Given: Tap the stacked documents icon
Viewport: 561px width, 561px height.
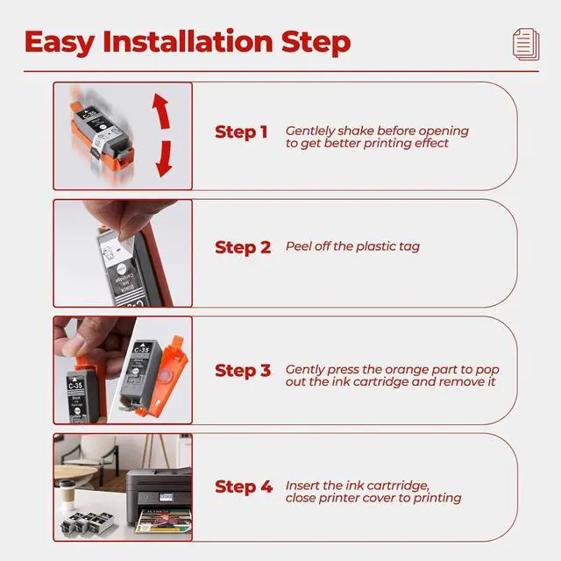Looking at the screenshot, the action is (x=526, y=45).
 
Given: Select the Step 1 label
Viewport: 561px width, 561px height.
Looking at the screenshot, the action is (x=241, y=132).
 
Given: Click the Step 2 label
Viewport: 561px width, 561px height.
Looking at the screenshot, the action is (x=243, y=247).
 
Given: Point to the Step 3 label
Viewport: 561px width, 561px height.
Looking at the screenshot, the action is (x=243, y=371).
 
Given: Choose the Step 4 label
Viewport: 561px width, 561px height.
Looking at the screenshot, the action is (x=244, y=487).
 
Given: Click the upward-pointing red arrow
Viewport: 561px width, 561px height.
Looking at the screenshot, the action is (x=161, y=110).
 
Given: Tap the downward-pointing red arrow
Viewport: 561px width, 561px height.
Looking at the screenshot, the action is (x=164, y=159).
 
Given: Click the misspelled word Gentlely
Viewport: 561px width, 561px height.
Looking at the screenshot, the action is (x=309, y=131).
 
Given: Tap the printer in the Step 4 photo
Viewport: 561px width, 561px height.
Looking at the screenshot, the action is (x=159, y=498).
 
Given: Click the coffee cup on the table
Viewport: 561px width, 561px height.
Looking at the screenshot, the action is (x=67, y=491).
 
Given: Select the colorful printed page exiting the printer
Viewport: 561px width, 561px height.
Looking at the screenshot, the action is (x=164, y=521).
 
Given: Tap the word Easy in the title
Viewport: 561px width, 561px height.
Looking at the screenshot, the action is (x=60, y=42).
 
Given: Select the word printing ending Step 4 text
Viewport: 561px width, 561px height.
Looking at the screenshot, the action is (x=437, y=499).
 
